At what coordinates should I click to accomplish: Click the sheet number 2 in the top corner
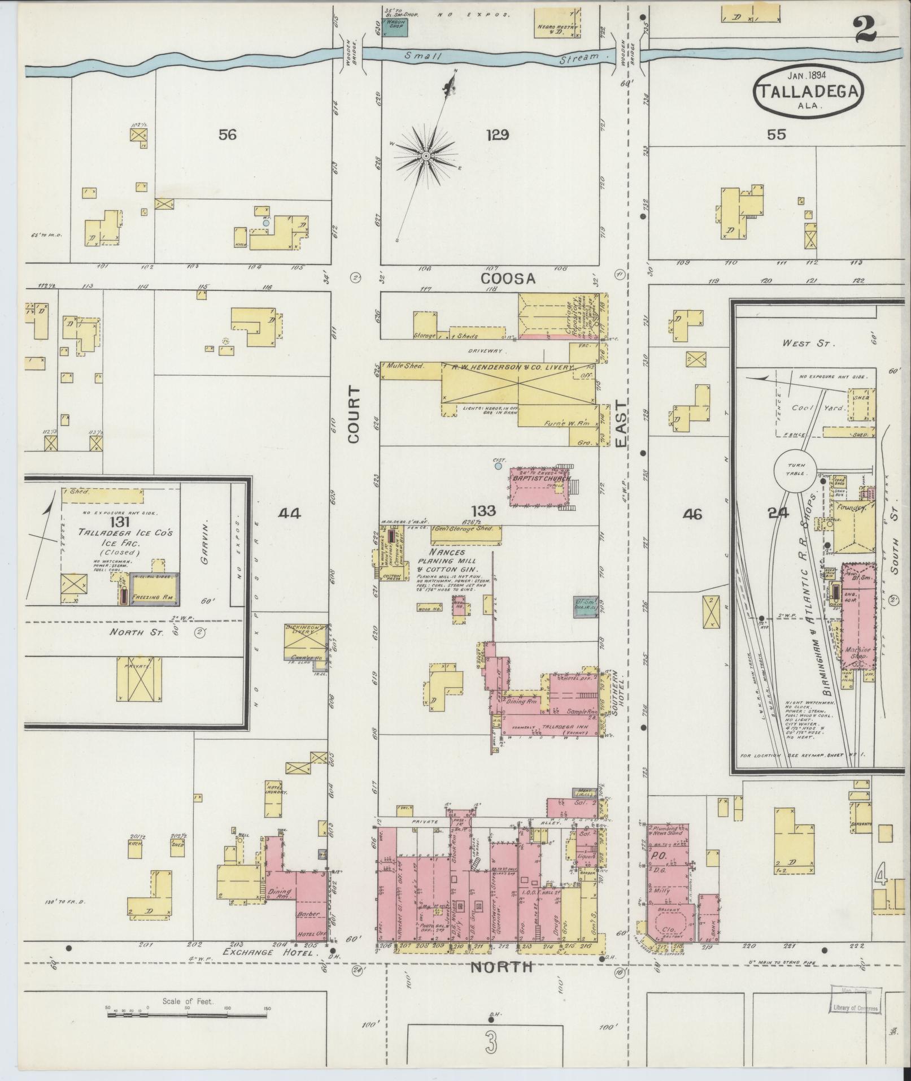(x=864, y=29)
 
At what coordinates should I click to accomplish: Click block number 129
(x=498, y=135)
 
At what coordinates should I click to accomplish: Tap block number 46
(x=692, y=514)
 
